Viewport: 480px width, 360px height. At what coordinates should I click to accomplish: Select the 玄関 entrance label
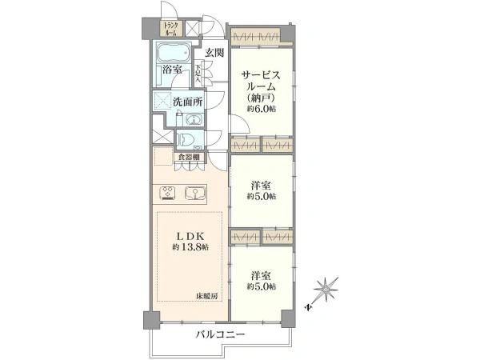tap(213, 53)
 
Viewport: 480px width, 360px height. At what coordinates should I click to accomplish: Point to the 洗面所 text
tap(188, 102)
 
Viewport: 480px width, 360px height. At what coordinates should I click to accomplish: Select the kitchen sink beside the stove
tap(195, 192)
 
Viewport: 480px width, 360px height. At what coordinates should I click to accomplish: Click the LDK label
tap(190, 236)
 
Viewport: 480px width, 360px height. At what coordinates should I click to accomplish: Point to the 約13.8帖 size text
tap(190, 248)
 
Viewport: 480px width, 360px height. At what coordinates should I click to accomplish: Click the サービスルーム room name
tap(261, 82)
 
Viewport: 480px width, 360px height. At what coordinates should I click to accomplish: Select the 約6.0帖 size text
tap(261, 109)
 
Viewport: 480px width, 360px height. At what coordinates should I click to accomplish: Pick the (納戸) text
tap(261, 98)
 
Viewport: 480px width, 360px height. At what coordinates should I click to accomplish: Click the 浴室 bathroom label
tap(171, 70)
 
